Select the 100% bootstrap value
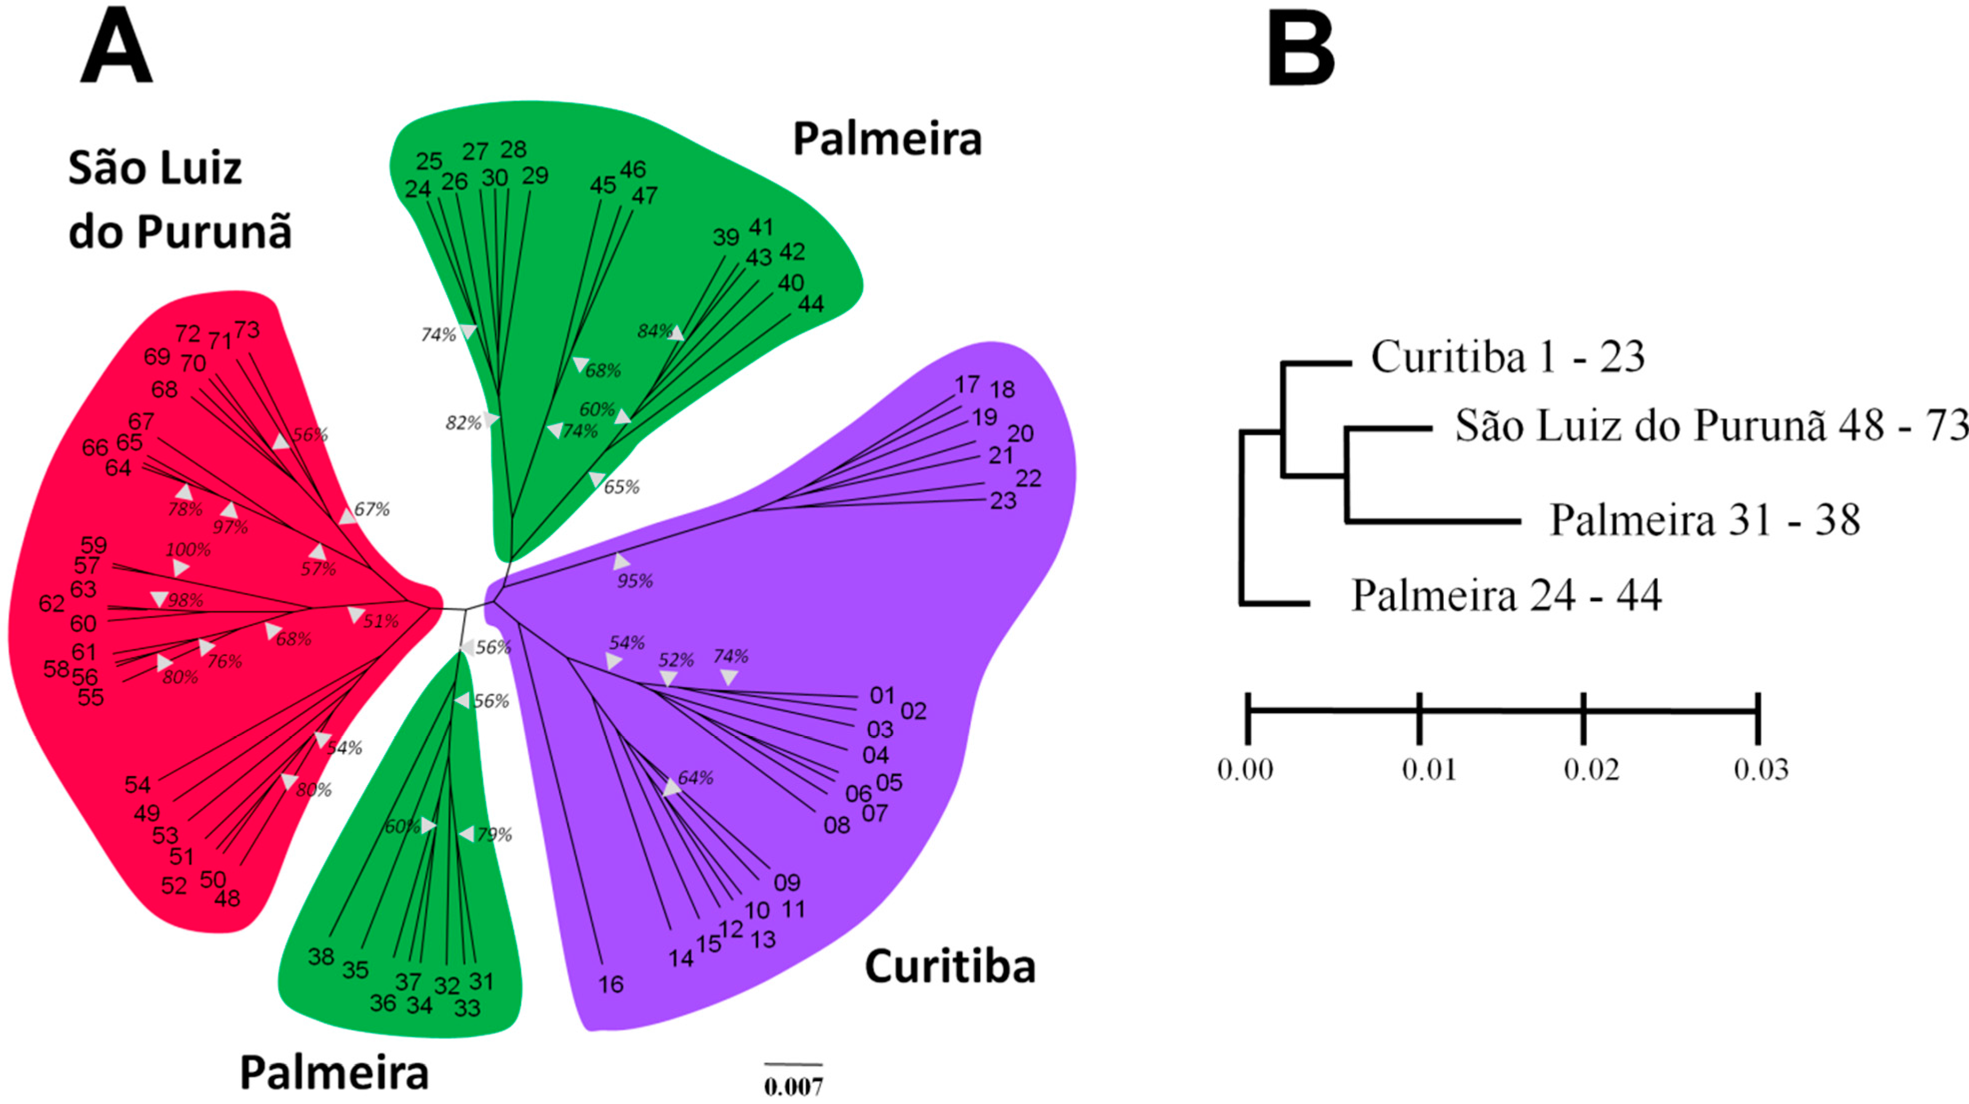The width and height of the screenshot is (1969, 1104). point(188,549)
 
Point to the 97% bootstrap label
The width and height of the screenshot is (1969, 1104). point(231,527)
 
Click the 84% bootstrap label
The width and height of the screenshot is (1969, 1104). point(655,331)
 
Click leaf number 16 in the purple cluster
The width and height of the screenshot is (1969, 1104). point(611,984)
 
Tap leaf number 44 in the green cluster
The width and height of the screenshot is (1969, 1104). point(811,304)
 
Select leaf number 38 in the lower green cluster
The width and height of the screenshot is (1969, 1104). point(321,956)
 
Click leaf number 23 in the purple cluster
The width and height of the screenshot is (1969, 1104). point(1003,501)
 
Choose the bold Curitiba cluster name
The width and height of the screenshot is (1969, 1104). point(950,967)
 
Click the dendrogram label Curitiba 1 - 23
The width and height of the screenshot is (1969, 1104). point(1507,357)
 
